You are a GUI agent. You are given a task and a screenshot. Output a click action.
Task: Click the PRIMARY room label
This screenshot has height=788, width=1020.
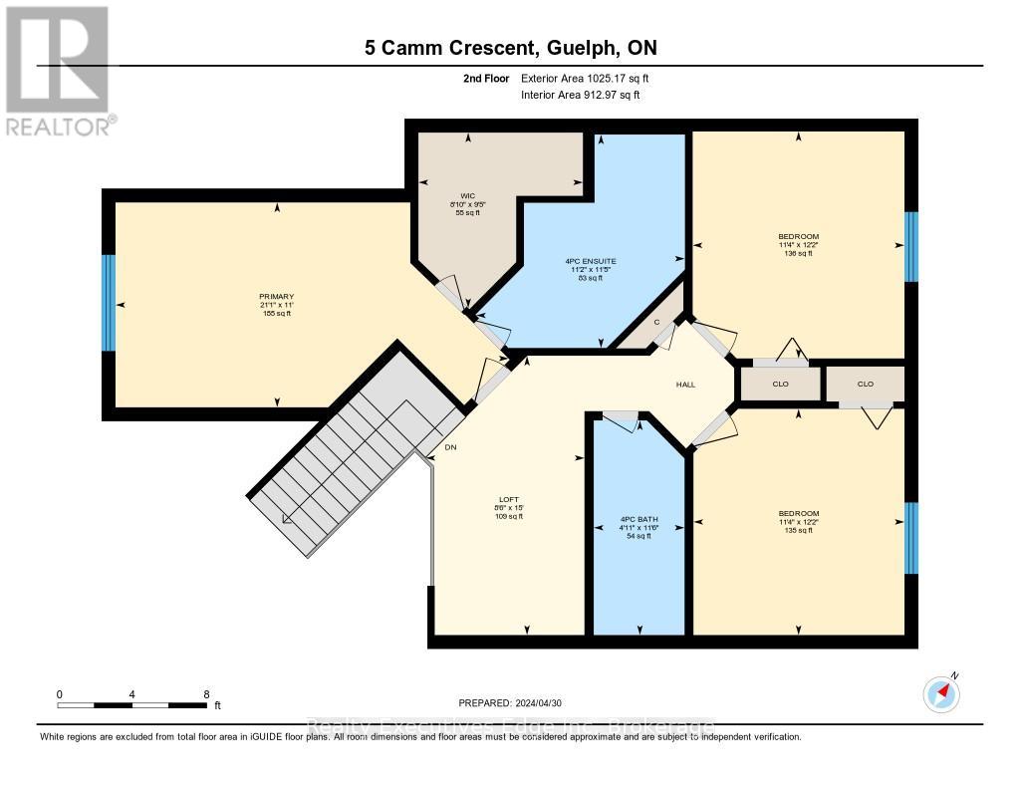[277, 296]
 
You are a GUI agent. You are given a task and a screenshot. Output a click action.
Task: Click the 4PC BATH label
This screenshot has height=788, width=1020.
[638, 519]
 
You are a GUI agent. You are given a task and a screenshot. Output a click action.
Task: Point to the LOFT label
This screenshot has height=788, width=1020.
[509, 499]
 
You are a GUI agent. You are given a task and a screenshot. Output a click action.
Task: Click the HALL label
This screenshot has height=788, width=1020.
[685, 385]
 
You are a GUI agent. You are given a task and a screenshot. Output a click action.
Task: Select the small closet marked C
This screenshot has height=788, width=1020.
[657, 321]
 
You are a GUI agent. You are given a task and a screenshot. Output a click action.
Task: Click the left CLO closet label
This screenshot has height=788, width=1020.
[779, 384]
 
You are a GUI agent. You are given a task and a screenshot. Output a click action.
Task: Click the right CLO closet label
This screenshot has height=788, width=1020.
[866, 384]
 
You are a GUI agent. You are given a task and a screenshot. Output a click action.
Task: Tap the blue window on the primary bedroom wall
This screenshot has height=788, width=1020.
[109, 303]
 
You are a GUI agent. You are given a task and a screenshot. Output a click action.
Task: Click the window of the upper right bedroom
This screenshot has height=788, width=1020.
[910, 247]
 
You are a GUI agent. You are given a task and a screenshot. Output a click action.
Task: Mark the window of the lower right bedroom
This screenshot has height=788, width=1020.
[910, 538]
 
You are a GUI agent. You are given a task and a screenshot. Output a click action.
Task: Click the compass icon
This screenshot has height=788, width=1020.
[941, 692]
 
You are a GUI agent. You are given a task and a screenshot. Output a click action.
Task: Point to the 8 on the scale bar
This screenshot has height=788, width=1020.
[205, 693]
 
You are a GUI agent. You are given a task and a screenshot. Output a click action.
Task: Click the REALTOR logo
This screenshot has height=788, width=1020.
[57, 71]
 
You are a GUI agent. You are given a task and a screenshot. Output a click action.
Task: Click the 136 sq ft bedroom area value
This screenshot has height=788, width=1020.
[799, 253]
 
